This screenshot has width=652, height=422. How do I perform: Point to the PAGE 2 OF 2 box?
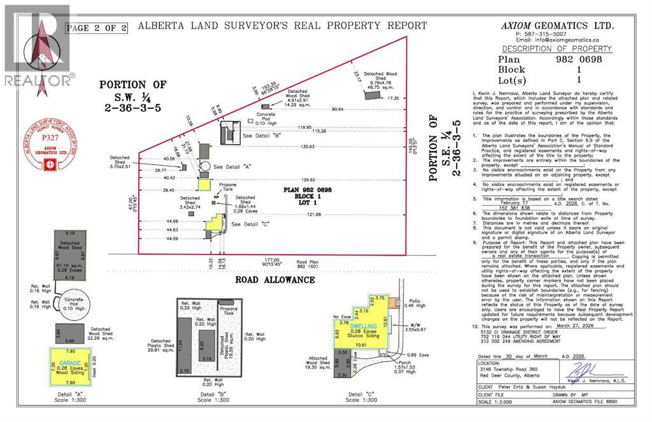pos(96,27)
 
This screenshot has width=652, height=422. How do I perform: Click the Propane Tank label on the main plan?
pos(228,188)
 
